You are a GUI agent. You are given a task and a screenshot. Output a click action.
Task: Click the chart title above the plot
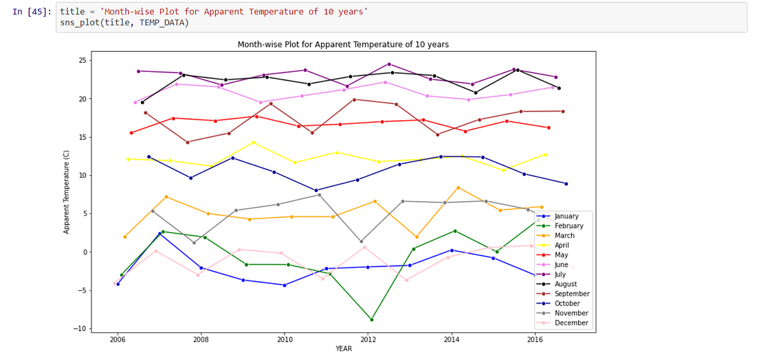pyautogui.click(x=343, y=44)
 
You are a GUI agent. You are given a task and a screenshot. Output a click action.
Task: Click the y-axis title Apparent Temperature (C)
pyautogui.click(x=66, y=191)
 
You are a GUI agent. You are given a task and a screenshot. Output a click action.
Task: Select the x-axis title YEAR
pyautogui.click(x=344, y=349)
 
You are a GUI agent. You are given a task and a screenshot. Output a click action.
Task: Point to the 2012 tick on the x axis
pyautogui.click(x=368, y=339)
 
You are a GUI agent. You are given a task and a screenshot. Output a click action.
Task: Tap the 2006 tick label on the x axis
pyautogui.click(x=117, y=339)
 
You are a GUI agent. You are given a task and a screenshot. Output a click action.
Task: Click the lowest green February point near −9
pyautogui.click(x=371, y=319)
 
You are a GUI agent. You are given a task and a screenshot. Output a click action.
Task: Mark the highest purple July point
pyautogui.click(x=389, y=64)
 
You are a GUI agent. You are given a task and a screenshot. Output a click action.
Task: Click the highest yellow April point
pyautogui.click(x=253, y=143)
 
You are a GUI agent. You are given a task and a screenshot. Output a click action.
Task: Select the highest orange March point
pyautogui.click(x=458, y=187)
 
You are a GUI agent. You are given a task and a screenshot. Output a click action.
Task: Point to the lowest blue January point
pyautogui.click(x=284, y=285)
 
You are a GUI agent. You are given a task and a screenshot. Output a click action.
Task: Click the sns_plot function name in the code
pyautogui.click(x=78, y=23)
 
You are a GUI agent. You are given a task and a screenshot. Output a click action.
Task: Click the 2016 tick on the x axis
pyautogui.click(x=535, y=339)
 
